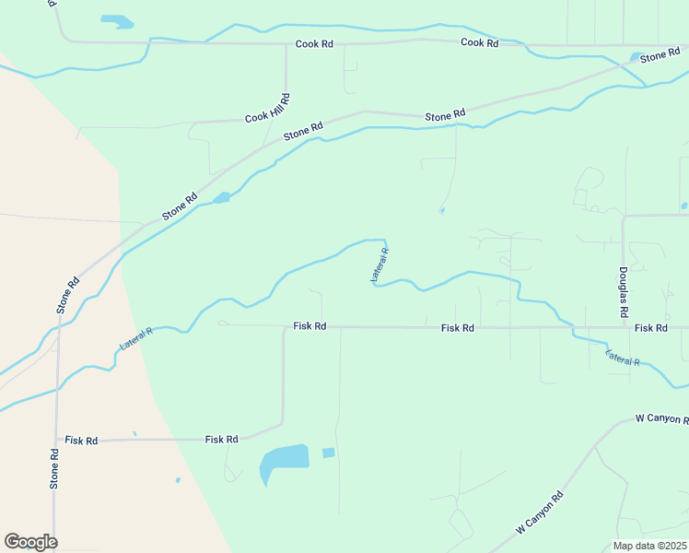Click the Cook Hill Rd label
pos(267,109)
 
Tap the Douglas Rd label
pos(624,293)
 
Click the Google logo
pos(30,542)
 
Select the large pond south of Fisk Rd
pos(281,461)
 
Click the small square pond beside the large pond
pos(328,453)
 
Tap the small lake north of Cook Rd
pos(117,20)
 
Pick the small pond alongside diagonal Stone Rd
pos(221,197)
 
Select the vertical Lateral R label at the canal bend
pos(380,265)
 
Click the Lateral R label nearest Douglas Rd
pos(623,358)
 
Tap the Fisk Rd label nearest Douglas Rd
pos(650,328)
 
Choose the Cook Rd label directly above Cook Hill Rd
pos(314,44)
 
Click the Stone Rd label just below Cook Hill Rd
pos(303,132)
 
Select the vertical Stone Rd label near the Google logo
pos(54,468)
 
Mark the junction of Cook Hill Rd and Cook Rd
pos(286,44)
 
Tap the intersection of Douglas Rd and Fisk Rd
pos(624,327)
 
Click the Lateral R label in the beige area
pos(136,338)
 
